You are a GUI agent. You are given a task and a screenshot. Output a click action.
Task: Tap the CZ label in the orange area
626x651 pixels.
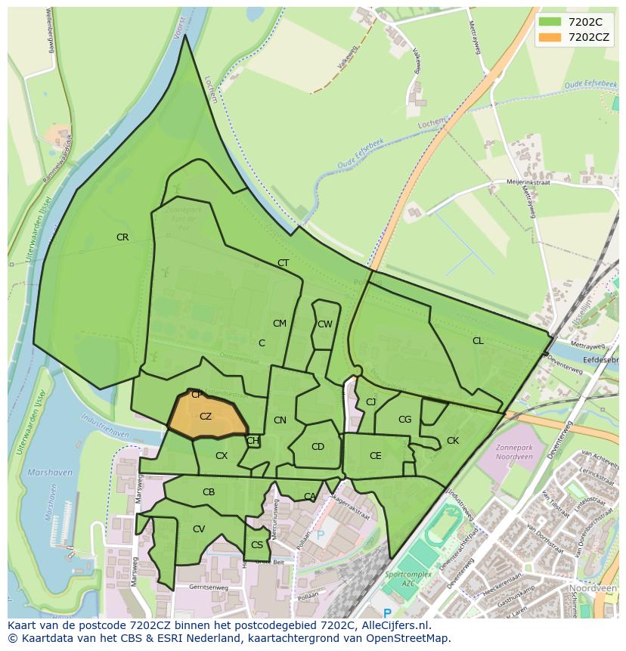pyautogui.click(x=206, y=417)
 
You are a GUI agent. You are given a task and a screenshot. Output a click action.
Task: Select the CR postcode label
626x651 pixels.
pyautogui.click(x=122, y=237)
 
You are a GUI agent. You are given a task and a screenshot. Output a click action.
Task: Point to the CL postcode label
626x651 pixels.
pyautogui.click(x=478, y=341)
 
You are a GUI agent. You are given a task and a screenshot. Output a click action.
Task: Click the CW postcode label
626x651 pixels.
pyautogui.click(x=325, y=324)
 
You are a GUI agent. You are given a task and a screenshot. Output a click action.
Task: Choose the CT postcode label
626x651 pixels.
pyautogui.click(x=284, y=263)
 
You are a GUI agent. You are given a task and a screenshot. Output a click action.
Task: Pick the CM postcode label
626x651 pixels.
pyautogui.click(x=280, y=324)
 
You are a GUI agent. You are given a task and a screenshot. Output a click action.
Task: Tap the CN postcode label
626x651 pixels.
pyautogui.click(x=280, y=420)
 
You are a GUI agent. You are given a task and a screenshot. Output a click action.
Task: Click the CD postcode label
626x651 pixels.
pyautogui.click(x=318, y=447)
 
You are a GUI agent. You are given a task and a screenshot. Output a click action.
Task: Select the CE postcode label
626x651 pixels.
pyautogui.click(x=376, y=456)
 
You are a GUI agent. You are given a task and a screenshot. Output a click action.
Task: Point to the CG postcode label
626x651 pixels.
pyautogui.click(x=405, y=420)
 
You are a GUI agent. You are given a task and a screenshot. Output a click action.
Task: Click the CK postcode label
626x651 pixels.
pyautogui.click(x=453, y=441)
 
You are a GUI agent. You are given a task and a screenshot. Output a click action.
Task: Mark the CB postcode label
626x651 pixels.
pyautogui.click(x=209, y=492)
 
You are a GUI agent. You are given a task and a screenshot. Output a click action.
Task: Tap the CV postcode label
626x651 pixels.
pyautogui.click(x=199, y=529)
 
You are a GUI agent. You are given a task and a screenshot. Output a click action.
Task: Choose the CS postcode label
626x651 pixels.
pyautogui.click(x=257, y=545)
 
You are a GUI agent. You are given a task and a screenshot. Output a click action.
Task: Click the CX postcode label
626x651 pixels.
pyautogui.click(x=222, y=456)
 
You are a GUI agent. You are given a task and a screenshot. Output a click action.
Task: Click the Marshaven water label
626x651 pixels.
pyautogui.click(x=50, y=473)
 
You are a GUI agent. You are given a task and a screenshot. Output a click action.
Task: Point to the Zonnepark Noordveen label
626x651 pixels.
pyautogui.click(x=515, y=452)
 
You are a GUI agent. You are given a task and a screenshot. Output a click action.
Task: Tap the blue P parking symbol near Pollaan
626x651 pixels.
pyautogui.click(x=320, y=535)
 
